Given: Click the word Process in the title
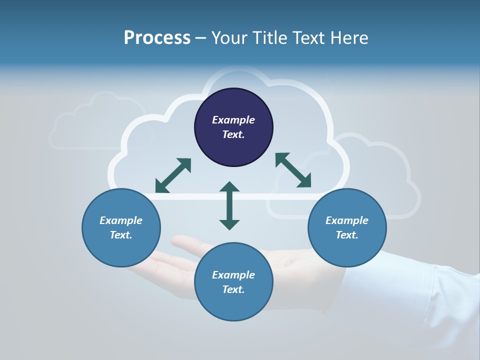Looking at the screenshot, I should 157,38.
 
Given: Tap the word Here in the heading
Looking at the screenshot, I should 348,38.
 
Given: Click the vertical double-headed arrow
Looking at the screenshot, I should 229,205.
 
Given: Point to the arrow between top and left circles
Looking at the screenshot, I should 173,175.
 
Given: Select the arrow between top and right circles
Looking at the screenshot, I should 293,170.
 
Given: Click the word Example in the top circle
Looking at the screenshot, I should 233,120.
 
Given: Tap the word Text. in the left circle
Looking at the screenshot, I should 121,235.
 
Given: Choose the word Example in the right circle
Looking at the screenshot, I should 347,220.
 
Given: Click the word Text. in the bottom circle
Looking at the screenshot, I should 233,289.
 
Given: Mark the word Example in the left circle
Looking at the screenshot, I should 121,220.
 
